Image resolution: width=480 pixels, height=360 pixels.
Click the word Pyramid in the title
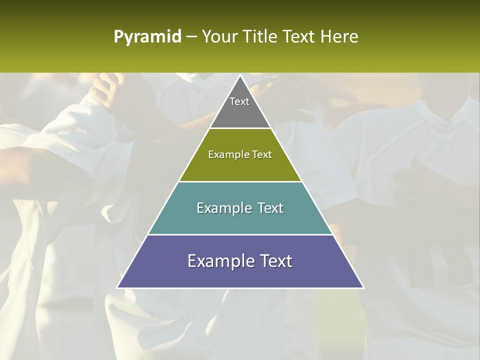(147, 37)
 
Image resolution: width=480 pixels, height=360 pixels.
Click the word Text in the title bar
(299, 37)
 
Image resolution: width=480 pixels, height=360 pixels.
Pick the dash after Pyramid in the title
(191, 37)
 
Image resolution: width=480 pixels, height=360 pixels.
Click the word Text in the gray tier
(239, 101)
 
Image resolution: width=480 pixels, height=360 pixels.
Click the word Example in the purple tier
(218, 261)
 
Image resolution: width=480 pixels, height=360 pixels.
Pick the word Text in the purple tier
(274, 261)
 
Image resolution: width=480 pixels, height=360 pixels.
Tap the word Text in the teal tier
(268, 208)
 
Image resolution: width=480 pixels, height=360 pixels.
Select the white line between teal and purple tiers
(240, 234)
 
